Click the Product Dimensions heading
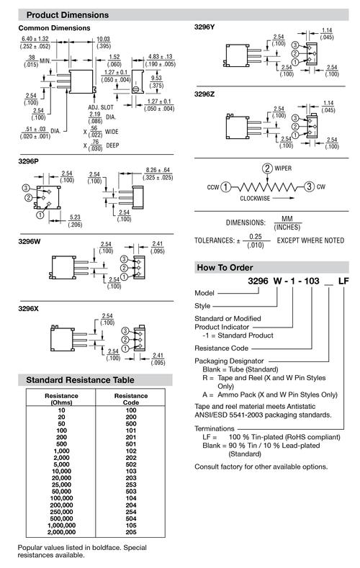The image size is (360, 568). tap(68, 15)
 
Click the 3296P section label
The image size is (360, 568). tap(28, 161)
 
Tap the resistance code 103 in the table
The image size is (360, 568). tap(131, 472)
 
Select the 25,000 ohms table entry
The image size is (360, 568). tap(62, 484)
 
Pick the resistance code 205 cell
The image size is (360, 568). tap(131, 532)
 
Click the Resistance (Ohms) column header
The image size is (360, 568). tap(62, 399)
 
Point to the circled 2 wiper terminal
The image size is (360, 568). tap(267, 168)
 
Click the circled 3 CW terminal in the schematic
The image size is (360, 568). tap(309, 186)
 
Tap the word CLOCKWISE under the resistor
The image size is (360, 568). tap(255, 198)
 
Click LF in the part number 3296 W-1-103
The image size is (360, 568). tap(343, 281)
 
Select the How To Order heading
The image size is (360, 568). tap(225, 268)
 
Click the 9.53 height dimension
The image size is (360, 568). tap(156, 78)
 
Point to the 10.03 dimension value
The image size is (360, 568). tap(103, 39)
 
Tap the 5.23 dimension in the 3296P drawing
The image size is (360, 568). tap(75, 217)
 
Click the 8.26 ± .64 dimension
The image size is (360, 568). tap(158, 170)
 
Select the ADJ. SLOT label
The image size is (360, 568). tap(101, 107)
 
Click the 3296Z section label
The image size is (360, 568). tap(204, 94)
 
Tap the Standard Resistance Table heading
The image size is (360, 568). tap(80, 380)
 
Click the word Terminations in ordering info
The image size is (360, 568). tap(215, 428)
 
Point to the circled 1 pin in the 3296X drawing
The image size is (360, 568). tap(125, 348)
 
